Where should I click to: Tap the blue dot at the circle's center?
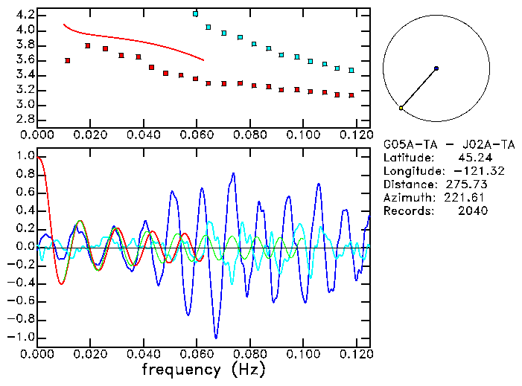point(436,68)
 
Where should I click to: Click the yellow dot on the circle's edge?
point(401,108)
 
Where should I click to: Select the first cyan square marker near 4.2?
point(195,14)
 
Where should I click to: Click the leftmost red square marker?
point(68,60)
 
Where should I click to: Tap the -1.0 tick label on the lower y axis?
point(20,337)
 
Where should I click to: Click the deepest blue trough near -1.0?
point(216,337)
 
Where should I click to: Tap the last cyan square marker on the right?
point(351,70)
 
